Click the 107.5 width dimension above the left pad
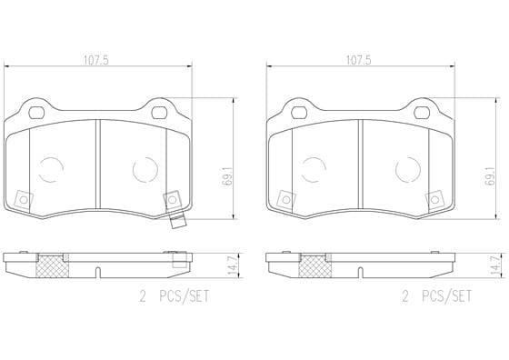point(96,60)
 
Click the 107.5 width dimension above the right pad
point(359,60)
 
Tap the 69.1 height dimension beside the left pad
point(227,176)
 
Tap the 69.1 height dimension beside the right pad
point(490,176)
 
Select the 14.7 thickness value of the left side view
point(233,265)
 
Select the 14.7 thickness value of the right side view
point(495,265)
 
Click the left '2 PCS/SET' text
point(175,296)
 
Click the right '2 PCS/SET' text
point(437,296)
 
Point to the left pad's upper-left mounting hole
point(36,113)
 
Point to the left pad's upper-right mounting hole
point(159,113)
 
